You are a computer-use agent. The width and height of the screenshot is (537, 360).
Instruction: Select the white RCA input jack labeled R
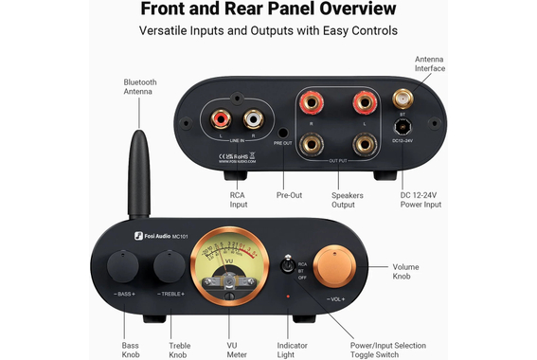[x=252, y=119]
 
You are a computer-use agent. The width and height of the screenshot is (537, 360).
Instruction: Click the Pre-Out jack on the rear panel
[x=283, y=133]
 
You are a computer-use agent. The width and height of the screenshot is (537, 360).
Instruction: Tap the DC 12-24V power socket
[x=402, y=130]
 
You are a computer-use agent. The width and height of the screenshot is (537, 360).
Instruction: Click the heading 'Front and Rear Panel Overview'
[x=269, y=10]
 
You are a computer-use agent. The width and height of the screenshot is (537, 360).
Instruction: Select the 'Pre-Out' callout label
[x=289, y=196]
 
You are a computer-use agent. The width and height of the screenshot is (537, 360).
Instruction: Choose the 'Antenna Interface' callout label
[x=429, y=63]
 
